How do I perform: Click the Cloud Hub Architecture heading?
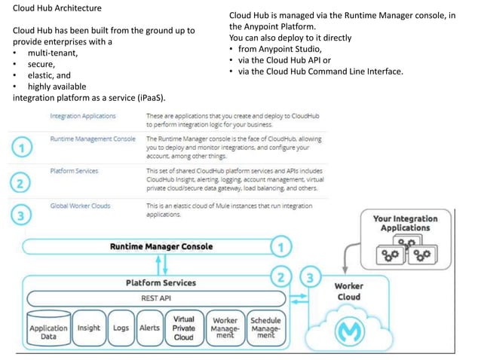point(57,8)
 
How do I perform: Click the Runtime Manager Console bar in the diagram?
point(161,246)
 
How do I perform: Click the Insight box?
point(89,328)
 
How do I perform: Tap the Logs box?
point(121,328)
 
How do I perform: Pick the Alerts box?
point(149,328)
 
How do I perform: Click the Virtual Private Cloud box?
point(183,328)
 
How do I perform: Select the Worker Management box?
point(225,328)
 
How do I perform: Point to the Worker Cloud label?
point(348,291)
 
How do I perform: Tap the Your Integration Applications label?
point(405,223)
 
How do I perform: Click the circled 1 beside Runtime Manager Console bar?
point(281,246)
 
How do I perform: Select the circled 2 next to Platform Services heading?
point(282,277)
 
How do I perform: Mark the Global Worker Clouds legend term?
point(80,205)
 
